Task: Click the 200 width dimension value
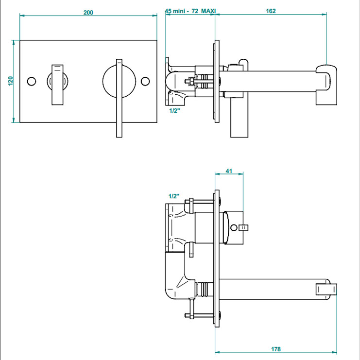88,12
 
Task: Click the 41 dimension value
229,171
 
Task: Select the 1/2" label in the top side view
174,111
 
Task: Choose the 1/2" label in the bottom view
174,196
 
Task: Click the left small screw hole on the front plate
32,81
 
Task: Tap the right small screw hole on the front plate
145,81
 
